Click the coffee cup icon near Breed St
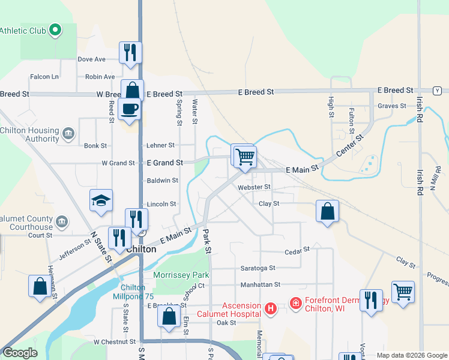click(130, 109)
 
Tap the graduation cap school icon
click(101, 202)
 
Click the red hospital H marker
click(271, 308)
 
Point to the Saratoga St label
click(256, 268)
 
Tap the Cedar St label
click(297, 250)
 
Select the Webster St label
click(255, 187)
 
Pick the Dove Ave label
click(92, 59)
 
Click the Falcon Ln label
click(45, 77)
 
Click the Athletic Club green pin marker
click(55, 29)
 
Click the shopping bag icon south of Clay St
click(327, 211)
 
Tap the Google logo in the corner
click(19, 353)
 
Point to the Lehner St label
click(160, 145)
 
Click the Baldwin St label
click(163, 180)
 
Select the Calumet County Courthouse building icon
click(61, 223)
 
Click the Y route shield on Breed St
click(438, 91)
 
